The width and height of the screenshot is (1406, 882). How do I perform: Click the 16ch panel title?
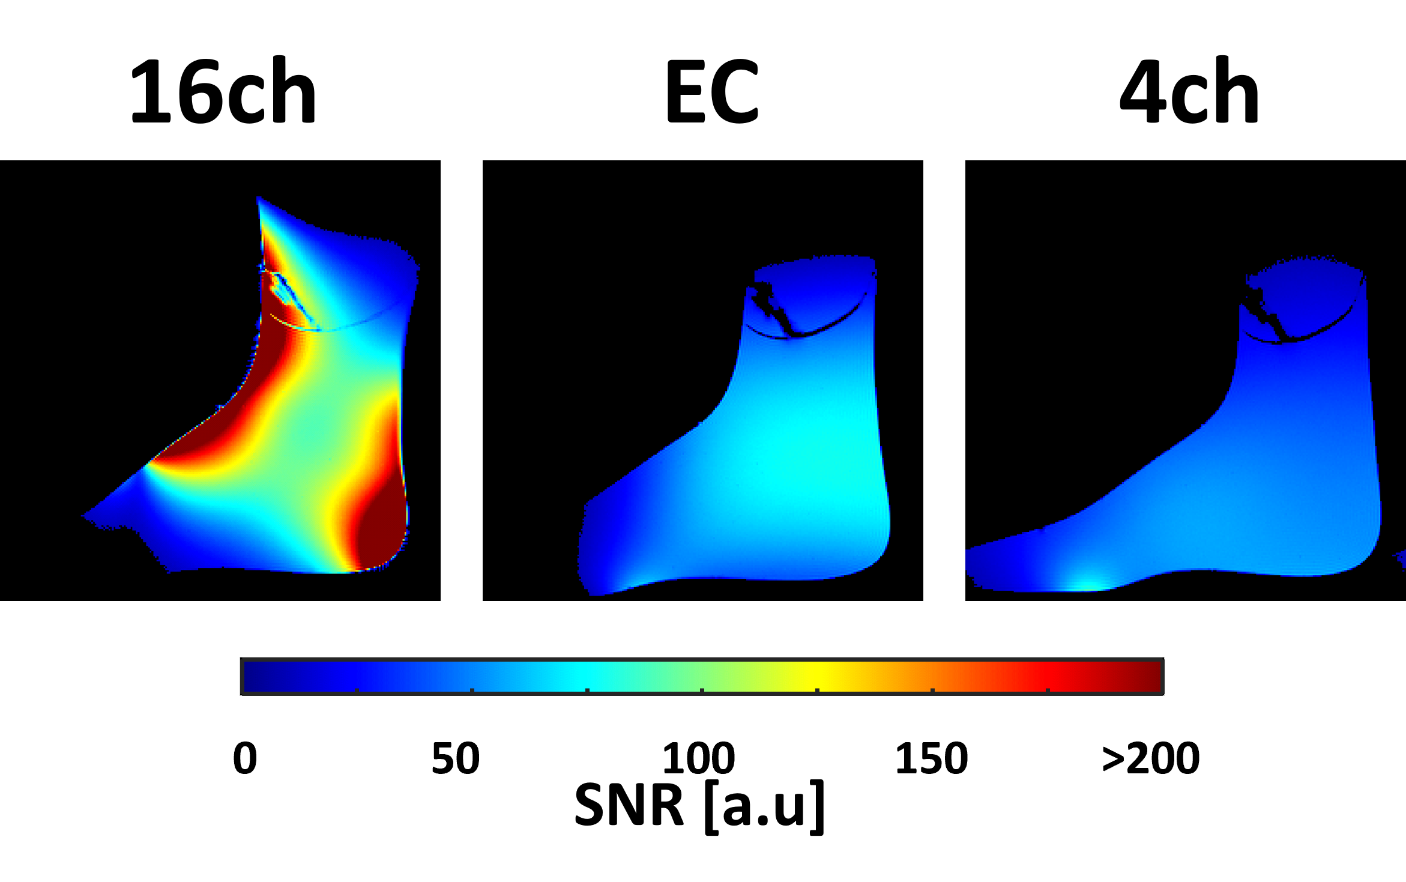pyautogui.click(x=223, y=91)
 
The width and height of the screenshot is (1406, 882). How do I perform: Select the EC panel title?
pyautogui.click(x=712, y=91)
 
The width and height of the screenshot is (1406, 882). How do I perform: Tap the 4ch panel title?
pyautogui.click(x=1189, y=91)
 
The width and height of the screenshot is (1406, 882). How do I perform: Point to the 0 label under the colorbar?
pyautogui.click(x=245, y=758)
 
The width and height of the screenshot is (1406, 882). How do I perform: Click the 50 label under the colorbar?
pyautogui.click(x=456, y=758)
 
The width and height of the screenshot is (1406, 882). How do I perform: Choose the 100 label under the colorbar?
pyautogui.click(x=699, y=758)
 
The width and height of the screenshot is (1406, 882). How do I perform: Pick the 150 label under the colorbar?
pyautogui.click(x=932, y=758)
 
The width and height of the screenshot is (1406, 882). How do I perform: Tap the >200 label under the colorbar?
pyautogui.click(x=1151, y=758)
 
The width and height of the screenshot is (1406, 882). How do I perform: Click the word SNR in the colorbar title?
pyautogui.click(x=629, y=805)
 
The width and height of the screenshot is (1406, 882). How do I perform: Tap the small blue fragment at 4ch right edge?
pyautogui.click(x=1401, y=559)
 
